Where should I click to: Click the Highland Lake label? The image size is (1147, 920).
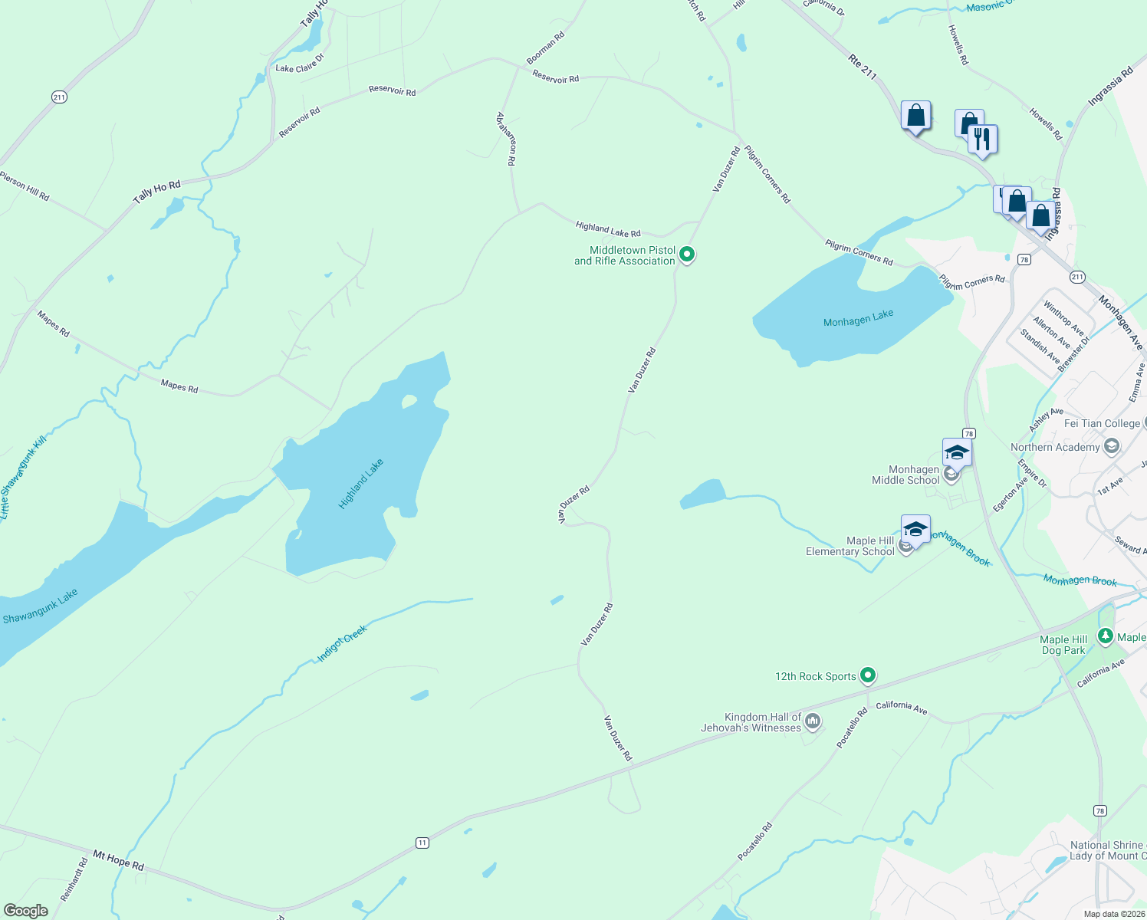[x=360, y=484]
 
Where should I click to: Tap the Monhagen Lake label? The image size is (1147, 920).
[x=858, y=318]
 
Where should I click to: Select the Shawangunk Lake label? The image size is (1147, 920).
[x=40, y=606]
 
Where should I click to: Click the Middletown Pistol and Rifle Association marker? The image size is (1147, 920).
[x=687, y=254]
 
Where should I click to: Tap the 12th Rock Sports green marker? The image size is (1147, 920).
[x=868, y=675]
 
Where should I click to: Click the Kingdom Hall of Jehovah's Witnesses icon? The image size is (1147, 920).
[x=813, y=721]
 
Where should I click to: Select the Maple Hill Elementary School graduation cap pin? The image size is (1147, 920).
[x=915, y=530]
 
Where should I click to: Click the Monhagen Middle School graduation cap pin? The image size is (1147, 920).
[x=957, y=452]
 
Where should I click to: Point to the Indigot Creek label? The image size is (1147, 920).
[x=343, y=643]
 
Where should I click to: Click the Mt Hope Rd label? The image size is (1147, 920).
[x=118, y=859]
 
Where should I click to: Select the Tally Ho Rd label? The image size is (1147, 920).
[x=156, y=192]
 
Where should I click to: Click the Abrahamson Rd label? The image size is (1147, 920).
[x=506, y=139]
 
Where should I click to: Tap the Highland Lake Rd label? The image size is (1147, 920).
[x=607, y=228]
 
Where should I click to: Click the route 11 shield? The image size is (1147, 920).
[x=422, y=843]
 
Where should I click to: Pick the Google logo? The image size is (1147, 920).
[x=26, y=910]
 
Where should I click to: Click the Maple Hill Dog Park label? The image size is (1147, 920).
[x=1063, y=645]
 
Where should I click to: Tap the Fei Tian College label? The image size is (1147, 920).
[x=1102, y=423]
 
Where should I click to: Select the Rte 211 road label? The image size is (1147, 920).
[x=863, y=67]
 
